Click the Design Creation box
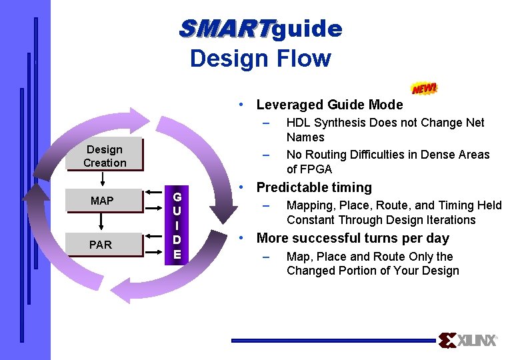[x=105, y=156]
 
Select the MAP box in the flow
[x=102, y=201]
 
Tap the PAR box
[x=101, y=245]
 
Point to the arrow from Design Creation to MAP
[x=103, y=180]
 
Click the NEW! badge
[x=425, y=88]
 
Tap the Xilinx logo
[x=468, y=341]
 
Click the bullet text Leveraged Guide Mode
[x=329, y=105]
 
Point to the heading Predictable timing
[x=314, y=187]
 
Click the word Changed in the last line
[x=309, y=271]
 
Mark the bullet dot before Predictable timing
[x=245, y=187]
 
